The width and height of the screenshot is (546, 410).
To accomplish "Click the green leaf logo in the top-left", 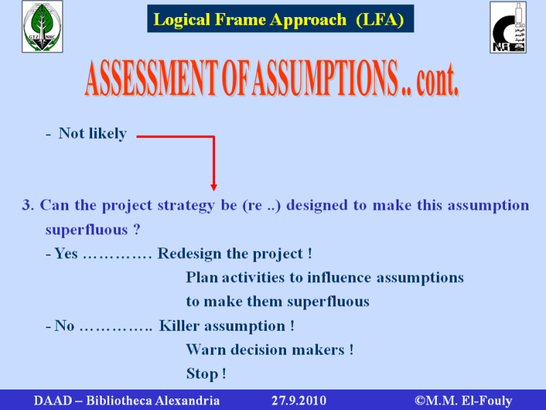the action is [42, 27].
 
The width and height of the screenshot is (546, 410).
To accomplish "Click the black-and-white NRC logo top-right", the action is [508, 27].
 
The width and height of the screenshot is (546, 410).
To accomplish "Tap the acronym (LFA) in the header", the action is [380, 20].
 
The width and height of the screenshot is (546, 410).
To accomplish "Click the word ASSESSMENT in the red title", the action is [151, 78].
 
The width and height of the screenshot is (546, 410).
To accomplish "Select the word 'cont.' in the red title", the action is [437, 80].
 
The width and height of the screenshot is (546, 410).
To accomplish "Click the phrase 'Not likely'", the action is [92, 133].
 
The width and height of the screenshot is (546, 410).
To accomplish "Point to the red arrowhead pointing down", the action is [214, 187].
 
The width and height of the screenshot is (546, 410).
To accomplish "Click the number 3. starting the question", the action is [28, 205].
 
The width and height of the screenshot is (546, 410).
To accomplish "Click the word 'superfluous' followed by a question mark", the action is [87, 230].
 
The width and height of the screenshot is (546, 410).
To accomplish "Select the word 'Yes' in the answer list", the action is [66, 254].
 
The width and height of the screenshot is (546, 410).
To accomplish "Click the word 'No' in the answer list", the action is [64, 326].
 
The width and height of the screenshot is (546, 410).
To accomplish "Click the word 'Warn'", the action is [206, 350].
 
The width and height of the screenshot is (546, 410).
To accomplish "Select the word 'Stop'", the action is [202, 374].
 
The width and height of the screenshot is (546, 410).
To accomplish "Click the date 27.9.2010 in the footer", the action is [299, 400].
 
